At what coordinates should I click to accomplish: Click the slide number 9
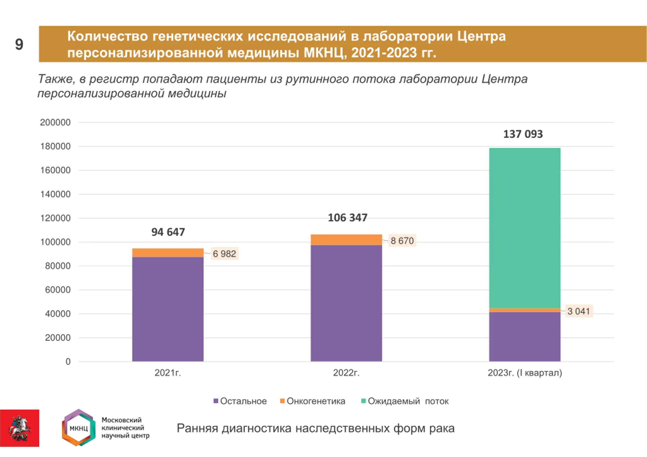(x=19, y=44)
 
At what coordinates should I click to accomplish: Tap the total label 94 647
(x=168, y=232)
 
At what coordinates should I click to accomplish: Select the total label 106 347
(x=348, y=218)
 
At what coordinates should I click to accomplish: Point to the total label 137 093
(x=523, y=134)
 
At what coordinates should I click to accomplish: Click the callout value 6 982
(x=224, y=254)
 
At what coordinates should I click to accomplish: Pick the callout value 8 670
(x=402, y=240)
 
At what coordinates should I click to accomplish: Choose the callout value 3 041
(x=579, y=311)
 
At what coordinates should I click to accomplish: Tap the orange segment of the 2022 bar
(x=346, y=240)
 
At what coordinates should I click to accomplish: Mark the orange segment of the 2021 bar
(x=168, y=253)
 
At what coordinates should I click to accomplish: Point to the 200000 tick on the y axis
(x=55, y=123)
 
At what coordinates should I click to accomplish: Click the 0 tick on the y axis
(x=68, y=362)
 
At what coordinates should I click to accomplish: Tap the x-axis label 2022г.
(x=346, y=373)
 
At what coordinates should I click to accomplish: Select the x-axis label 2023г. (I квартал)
(x=525, y=373)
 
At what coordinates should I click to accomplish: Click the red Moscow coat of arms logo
(x=19, y=428)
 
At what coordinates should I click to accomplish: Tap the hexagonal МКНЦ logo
(x=79, y=428)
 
